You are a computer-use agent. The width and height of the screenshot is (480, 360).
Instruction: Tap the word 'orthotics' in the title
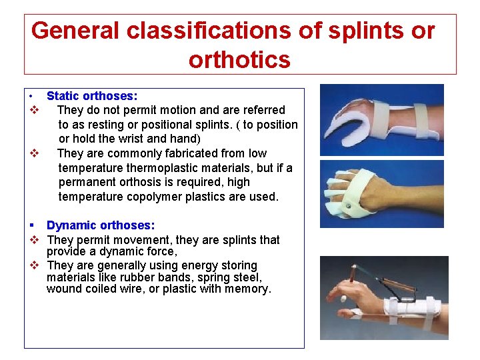[x=239, y=60]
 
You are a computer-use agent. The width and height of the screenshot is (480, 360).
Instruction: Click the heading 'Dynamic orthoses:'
[x=100, y=226]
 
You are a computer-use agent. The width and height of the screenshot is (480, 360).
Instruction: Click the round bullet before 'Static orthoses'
[x=31, y=97]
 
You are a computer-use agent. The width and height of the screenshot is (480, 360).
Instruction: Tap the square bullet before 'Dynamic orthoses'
[x=31, y=226]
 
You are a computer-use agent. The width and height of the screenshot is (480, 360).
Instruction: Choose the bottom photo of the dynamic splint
[x=383, y=297]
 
